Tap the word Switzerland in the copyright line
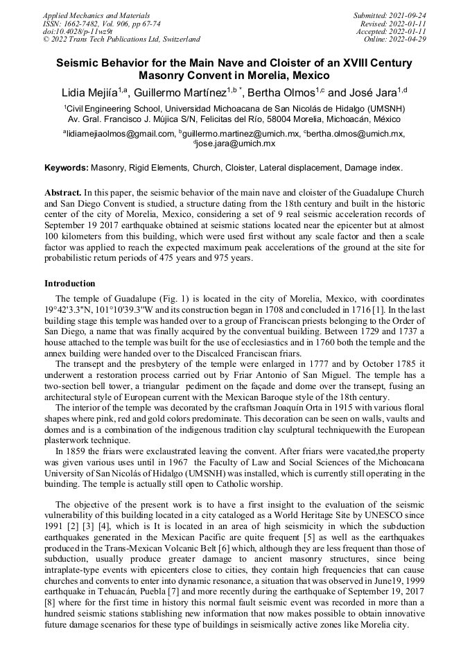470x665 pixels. click(178, 40)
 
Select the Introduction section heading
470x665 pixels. click(69, 284)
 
